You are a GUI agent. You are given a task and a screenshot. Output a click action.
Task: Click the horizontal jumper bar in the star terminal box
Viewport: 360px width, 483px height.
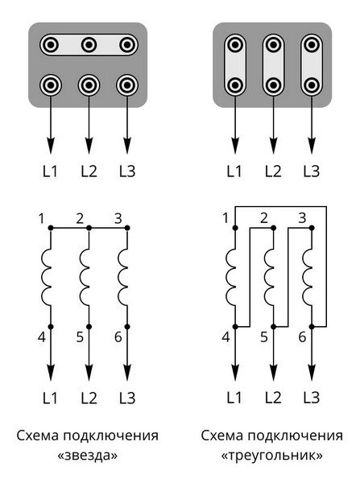(89, 44)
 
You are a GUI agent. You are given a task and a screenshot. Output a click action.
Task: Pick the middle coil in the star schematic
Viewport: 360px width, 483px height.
(85, 277)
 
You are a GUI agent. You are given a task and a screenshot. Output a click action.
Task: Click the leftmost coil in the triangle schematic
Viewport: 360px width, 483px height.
(231, 277)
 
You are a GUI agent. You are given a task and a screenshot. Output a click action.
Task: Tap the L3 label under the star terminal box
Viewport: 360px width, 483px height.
(127, 171)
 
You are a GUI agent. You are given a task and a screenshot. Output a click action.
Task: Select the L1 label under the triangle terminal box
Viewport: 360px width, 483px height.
(234, 171)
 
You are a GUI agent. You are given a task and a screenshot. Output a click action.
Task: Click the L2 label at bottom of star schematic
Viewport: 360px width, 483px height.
(89, 398)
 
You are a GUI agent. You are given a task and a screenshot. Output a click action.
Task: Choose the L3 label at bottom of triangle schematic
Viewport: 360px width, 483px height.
(312, 398)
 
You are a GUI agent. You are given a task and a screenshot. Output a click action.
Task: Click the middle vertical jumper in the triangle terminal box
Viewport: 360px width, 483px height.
(273, 64)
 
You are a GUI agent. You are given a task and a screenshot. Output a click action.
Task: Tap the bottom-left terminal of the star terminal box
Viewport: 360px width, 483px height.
(51, 85)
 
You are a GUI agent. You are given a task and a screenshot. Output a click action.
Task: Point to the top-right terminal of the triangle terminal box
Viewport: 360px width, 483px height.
(312, 45)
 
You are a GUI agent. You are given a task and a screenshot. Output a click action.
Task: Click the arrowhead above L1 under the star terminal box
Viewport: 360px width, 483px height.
(51, 146)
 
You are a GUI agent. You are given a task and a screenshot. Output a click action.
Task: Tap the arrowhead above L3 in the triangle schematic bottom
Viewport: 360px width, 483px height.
(312, 373)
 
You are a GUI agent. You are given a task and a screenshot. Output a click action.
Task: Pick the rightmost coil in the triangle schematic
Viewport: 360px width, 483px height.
(308, 277)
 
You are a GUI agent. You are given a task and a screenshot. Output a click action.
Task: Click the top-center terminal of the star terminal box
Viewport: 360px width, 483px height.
(89, 45)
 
